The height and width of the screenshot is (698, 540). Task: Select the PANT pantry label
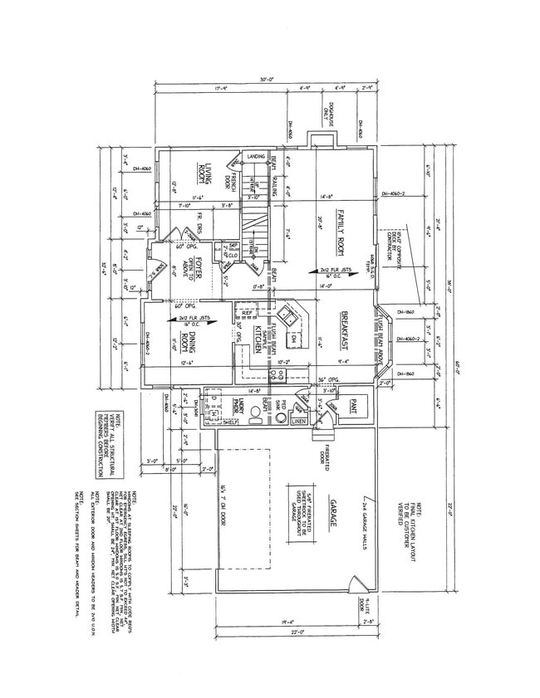[351, 406]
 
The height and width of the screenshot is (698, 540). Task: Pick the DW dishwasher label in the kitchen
[293, 340]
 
